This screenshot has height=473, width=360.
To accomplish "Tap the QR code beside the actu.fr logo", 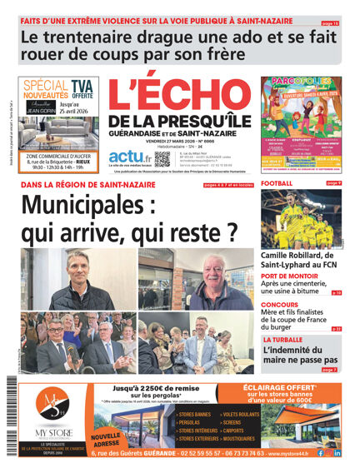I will [162, 158].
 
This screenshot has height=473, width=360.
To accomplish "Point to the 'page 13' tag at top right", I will [331, 23].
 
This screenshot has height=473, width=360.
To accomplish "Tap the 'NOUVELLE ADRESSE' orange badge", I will [106, 439].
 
